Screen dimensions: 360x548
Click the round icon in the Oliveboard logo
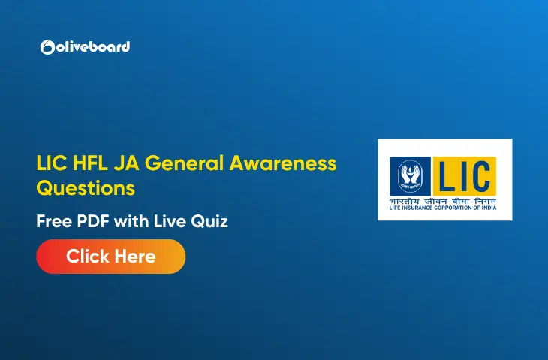pyautogui.click(x=46, y=47)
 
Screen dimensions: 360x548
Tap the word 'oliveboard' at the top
pyautogui.click(x=92, y=46)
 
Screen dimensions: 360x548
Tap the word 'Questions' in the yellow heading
pyautogui.click(x=86, y=187)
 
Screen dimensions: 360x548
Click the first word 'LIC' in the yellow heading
pyautogui.click(x=50, y=163)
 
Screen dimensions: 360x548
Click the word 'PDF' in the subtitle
pyautogui.click(x=97, y=222)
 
